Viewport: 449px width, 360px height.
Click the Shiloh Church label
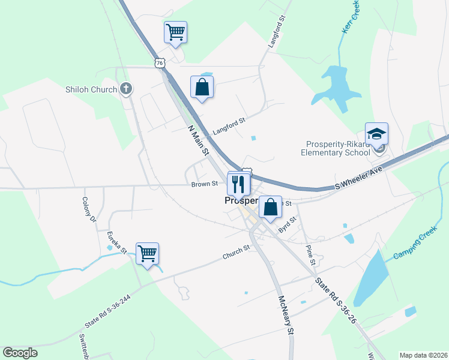pos(91,90)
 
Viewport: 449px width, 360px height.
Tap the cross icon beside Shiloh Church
pos(125,89)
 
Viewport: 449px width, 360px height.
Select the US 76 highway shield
pos(159,62)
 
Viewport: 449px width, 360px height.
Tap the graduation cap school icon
pos(376,134)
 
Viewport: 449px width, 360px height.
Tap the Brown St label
pos(204,184)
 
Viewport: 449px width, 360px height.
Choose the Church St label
pos(236,253)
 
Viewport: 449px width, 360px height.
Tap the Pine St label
pos(310,254)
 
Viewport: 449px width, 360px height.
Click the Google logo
pos(20,353)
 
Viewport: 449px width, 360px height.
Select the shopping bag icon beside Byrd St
pos(271,208)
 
